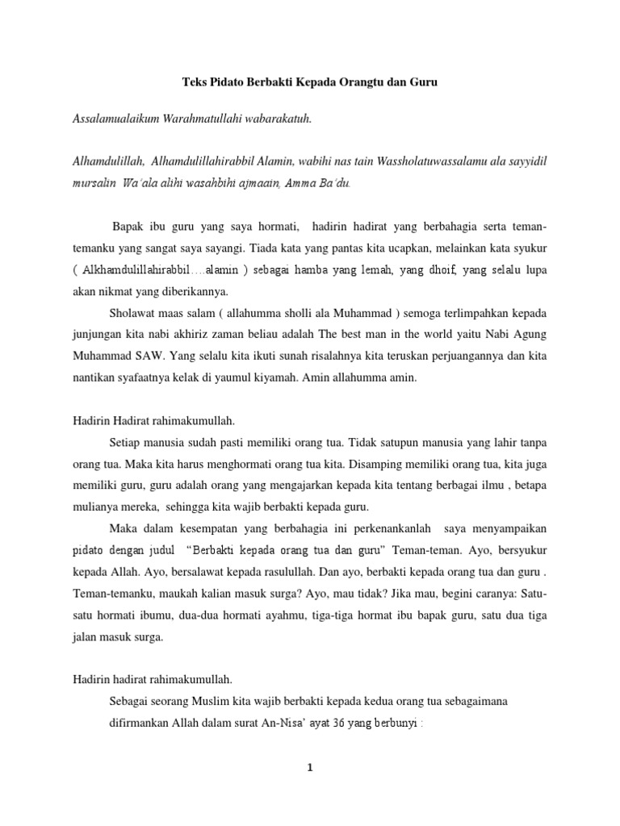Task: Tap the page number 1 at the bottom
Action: (x=309, y=768)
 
